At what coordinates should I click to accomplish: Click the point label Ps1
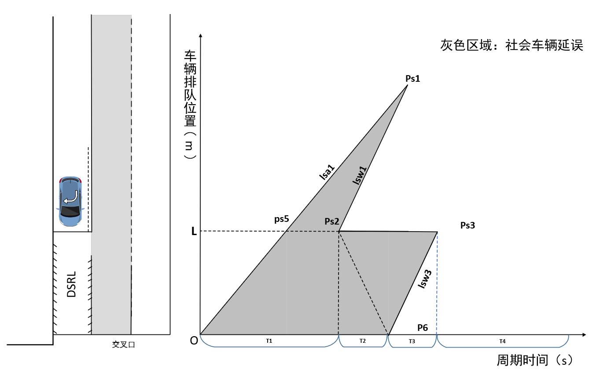tap(412, 79)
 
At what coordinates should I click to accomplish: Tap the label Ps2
tap(332, 221)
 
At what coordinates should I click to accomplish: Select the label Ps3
tap(467, 225)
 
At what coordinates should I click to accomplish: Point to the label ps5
tap(281, 219)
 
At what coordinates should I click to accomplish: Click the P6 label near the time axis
tap(423, 327)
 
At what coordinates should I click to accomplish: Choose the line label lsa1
tap(327, 172)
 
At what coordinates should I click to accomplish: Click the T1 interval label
tap(269, 341)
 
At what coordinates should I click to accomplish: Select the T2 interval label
tap(362, 341)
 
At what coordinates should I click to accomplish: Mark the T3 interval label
tap(412, 341)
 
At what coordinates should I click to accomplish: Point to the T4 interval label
tap(502, 341)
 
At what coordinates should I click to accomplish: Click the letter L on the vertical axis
tap(194, 232)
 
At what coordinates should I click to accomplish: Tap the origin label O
tap(194, 341)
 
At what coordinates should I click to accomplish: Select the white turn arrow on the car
tap(70, 197)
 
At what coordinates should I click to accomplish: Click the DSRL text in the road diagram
tap(72, 284)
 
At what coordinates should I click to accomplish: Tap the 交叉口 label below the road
tap(123, 345)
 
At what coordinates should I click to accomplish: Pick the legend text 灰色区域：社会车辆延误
tap(512, 45)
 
